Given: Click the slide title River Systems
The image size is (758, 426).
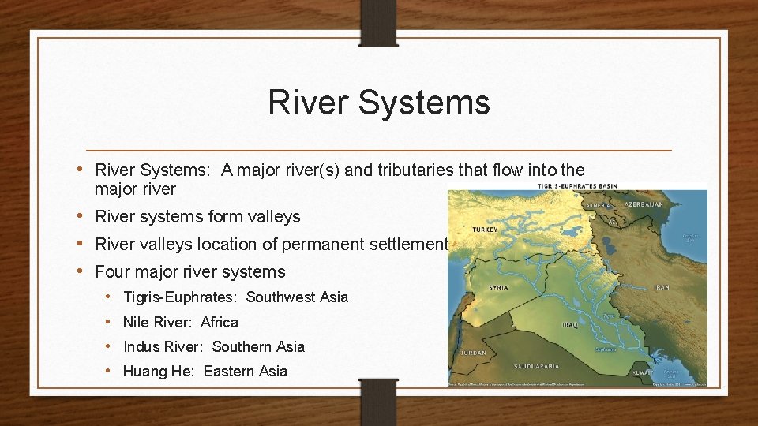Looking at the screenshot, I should [x=378, y=103].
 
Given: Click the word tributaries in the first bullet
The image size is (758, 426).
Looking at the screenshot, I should [x=410, y=170].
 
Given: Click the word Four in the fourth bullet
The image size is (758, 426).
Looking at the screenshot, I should [x=113, y=271].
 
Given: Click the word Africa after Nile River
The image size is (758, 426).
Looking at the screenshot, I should [x=220, y=322].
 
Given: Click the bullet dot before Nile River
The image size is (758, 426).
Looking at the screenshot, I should [x=108, y=322].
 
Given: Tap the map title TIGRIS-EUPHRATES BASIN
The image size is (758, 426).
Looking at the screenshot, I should [x=576, y=187].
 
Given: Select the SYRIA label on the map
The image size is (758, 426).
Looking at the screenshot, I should [x=498, y=287].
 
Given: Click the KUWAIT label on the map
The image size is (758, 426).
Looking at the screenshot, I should [x=644, y=371].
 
